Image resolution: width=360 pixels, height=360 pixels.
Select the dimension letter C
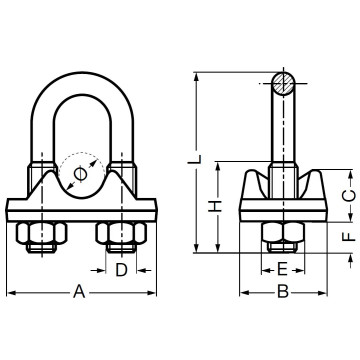pyautogui.click(x=349, y=194)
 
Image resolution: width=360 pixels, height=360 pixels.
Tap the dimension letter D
pyautogui.click(x=121, y=270)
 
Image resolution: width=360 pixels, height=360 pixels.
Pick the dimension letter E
pyautogui.click(x=282, y=270)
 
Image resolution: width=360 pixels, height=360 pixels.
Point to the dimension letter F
pyautogui.click(x=349, y=238)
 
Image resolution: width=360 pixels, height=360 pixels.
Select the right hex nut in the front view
pyautogui.click(x=121, y=238)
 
